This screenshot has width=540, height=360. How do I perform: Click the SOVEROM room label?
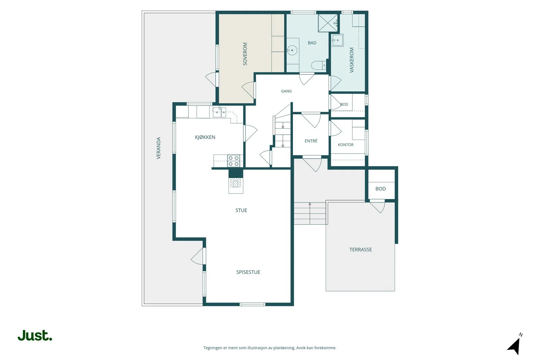click(x=245, y=54)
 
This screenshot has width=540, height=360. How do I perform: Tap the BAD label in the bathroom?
click(x=312, y=43)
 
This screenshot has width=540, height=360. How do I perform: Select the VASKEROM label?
click(x=351, y=60)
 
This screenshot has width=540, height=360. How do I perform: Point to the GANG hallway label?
click(x=287, y=91)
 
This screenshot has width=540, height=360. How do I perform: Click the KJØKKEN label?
click(x=205, y=137)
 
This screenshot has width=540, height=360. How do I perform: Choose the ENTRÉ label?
click(x=311, y=141)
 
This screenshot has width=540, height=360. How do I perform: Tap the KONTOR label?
click(x=346, y=145)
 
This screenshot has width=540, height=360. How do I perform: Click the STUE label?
click(x=241, y=210)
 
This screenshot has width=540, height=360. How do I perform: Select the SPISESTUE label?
click(x=248, y=272)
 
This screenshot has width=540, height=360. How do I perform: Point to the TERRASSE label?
click(x=361, y=250)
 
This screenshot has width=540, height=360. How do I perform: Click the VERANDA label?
click(x=158, y=148)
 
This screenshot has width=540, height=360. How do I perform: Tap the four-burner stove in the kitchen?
click(x=234, y=161)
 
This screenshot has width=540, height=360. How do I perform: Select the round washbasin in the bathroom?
click(x=292, y=50)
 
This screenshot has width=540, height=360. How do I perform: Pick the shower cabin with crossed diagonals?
click(x=328, y=23)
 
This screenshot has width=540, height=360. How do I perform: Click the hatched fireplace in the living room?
click(x=236, y=183)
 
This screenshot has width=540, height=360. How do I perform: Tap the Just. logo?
click(x=35, y=335)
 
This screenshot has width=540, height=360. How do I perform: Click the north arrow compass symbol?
click(x=515, y=344)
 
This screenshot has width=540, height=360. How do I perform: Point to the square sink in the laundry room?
click(x=337, y=40)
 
